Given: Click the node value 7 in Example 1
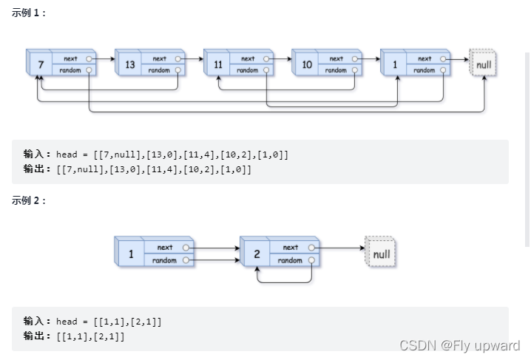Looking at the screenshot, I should pos(41,65).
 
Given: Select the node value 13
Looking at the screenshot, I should pos(129,65).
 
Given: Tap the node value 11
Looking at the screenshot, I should pos(218,65).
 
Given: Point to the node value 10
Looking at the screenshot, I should pos(306,65).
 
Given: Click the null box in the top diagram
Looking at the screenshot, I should pos(484,65).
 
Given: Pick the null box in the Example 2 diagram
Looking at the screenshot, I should pos(382,254).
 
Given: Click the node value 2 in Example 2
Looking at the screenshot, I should pos(257,254).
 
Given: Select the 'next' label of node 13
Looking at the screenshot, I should pos(159,58).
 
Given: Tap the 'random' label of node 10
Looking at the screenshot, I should pos(336,70).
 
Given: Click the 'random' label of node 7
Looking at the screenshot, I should pos(70,70).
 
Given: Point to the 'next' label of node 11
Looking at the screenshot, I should pos(248,58).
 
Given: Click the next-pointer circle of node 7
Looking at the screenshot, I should pos(89,58).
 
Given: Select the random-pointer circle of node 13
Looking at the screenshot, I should pos(177,70).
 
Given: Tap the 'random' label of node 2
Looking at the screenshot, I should pos(290,260).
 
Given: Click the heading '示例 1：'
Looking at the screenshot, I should pos(29,13).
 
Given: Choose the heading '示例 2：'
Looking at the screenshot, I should pos(29,201).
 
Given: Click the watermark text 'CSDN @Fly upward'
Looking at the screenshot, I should pos(459,345).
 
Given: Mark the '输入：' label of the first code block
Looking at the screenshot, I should pos(38,154).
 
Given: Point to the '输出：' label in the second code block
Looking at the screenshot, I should pos(38,336).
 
